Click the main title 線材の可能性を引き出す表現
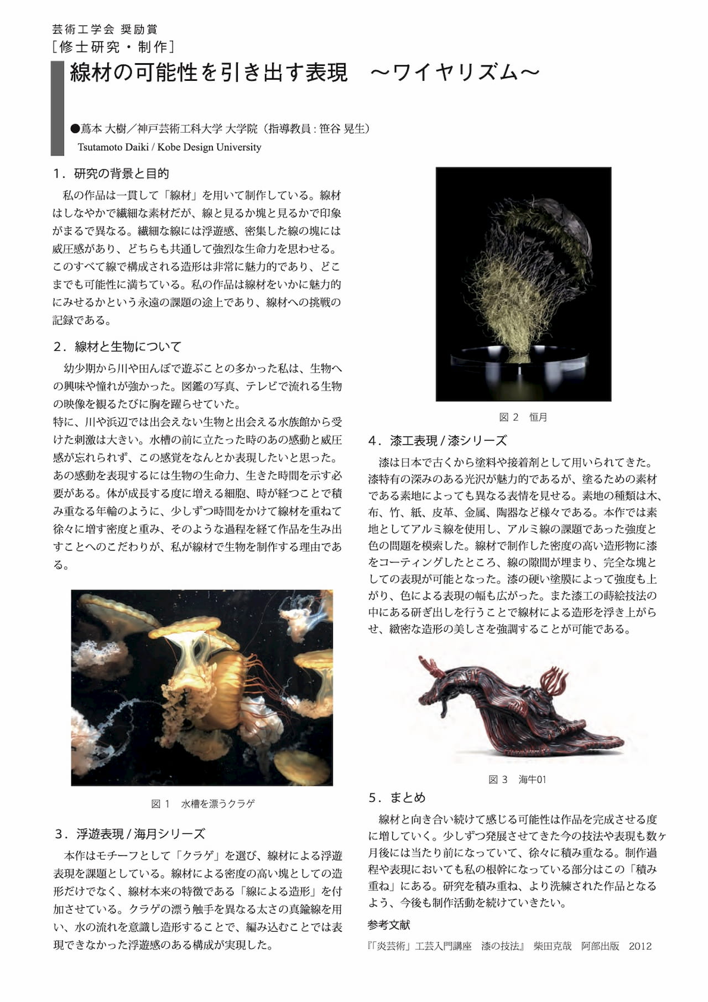pyautogui.click(x=209, y=73)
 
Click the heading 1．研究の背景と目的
pyautogui.click(x=111, y=174)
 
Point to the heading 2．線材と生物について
pyautogui.click(x=117, y=347)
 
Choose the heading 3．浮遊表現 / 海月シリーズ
pyautogui.click(x=130, y=834)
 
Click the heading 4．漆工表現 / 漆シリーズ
pyautogui.click(x=438, y=441)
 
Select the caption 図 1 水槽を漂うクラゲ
pyautogui.click(x=203, y=804)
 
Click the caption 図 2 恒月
pyautogui.click(x=523, y=417)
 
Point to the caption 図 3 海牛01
pyautogui.click(x=517, y=780)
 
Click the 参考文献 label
pyautogui.click(x=389, y=925)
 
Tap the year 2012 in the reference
pyautogui.click(x=640, y=946)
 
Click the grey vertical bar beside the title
pyautogui.click(x=58, y=108)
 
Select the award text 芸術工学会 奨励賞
pyautogui.click(x=105, y=29)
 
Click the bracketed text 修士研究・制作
pyautogui.click(x=113, y=47)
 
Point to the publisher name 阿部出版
pyautogui.click(x=600, y=946)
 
